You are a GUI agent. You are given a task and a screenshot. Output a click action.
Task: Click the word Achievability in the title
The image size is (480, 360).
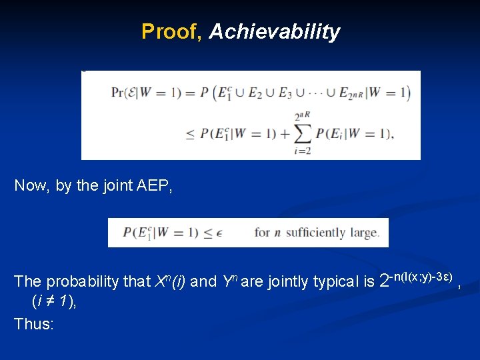pyautogui.click(x=274, y=31)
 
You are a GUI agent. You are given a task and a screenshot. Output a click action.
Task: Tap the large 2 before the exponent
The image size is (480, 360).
pyautogui.click(x=384, y=281)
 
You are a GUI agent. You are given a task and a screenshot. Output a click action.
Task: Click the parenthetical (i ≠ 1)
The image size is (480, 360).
pyautogui.click(x=54, y=301)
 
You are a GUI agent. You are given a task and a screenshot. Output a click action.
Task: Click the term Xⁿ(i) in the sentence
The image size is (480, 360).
pyautogui.click(x=171, y=281)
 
